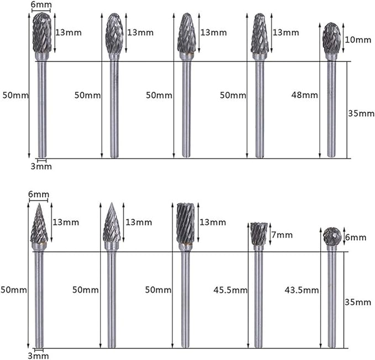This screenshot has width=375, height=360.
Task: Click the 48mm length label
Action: click(304, 95)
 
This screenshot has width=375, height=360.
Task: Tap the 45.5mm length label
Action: click(230, 290)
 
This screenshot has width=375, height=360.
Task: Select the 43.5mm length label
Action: click(302, 290)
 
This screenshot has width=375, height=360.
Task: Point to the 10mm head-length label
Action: click(358, 40)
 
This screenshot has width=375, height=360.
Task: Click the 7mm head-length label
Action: click(282, 235)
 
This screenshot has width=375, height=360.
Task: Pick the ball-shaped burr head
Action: click(332, 236)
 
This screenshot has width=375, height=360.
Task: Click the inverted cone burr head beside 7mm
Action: click(258, 234)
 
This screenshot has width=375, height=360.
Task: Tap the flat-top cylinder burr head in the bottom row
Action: click(186, 223)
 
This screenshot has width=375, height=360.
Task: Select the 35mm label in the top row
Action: click(361, 113)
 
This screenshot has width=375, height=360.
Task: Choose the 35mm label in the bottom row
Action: click(358, 303)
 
